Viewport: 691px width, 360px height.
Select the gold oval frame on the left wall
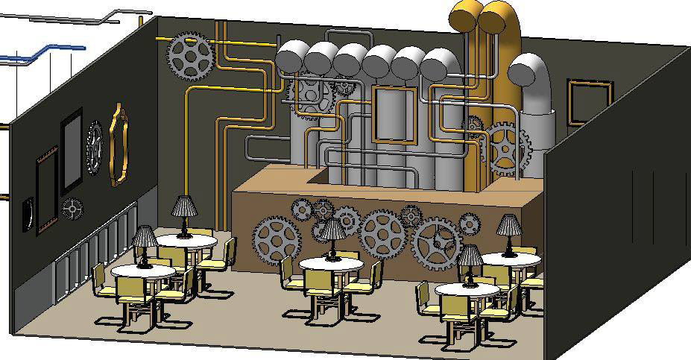point(118,145)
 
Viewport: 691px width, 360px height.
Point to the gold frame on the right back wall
point(589,103)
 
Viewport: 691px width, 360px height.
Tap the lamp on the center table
point(332,233)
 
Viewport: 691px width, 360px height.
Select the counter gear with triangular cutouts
point(436,243)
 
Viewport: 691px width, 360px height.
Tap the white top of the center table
point(332,265)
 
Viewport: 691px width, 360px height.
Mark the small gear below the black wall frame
point(72,209)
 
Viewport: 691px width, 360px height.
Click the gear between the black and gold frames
point(94,148)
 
